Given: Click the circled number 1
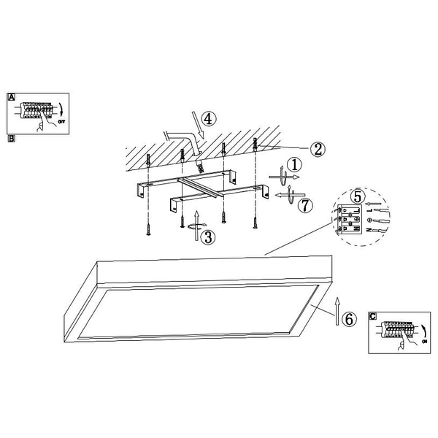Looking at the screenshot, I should coord(293,165).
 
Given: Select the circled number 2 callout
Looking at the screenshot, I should coord(317,149).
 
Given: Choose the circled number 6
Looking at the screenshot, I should coord(349,318).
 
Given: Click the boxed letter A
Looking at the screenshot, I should coord(11,96).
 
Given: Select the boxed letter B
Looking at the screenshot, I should coord(11,138).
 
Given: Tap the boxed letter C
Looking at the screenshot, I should coord(373,316).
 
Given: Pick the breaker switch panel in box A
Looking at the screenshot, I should coord(37,111).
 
